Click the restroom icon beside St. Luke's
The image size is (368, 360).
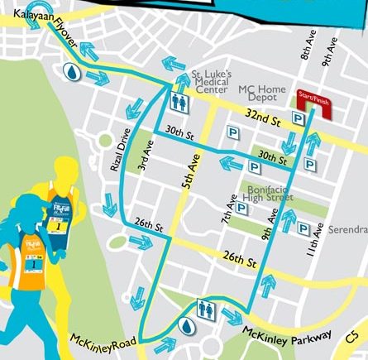click(x=180, y=100)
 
